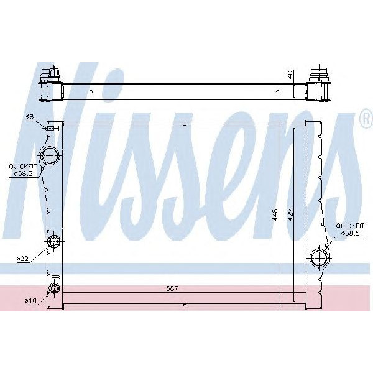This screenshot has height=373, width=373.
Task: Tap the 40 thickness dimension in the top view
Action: point(290,75)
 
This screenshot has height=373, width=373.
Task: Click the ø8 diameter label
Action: point(29,117)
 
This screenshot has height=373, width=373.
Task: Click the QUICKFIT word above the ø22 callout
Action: point(21,167)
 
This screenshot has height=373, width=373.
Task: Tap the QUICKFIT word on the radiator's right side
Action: point(350,226)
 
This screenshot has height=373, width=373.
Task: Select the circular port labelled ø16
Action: point(53,288)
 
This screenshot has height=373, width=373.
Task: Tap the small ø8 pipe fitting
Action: point(55,127)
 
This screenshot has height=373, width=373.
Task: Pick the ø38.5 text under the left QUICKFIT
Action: point(23,173)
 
